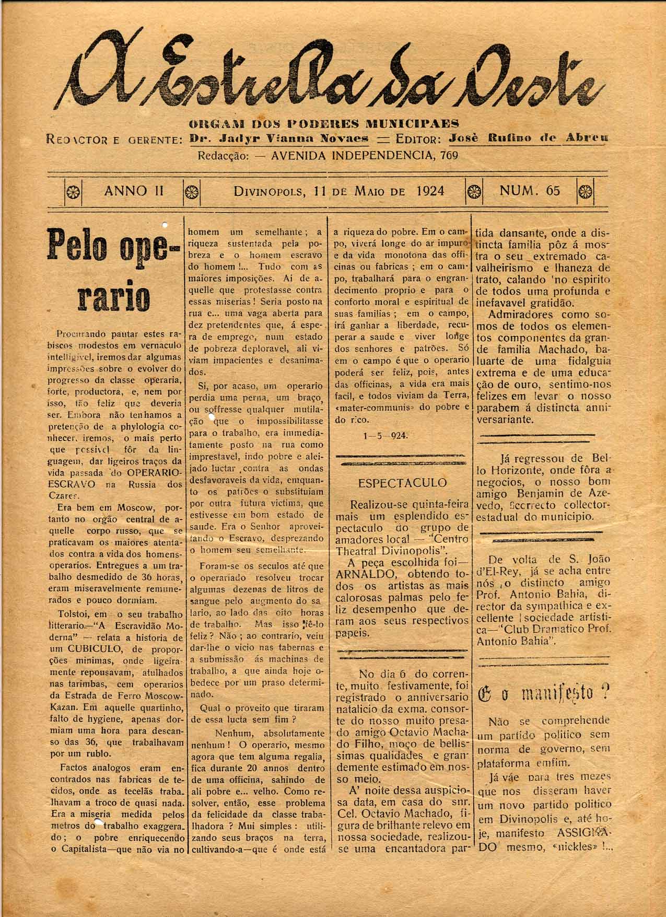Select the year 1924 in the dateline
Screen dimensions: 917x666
pos(431,191)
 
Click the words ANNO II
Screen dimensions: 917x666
pos(134,191)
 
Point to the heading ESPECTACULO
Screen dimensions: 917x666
pos(402,483)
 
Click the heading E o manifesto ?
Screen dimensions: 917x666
pos(544,693)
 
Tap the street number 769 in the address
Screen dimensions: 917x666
pos(449,155)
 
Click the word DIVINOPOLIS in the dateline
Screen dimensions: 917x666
pos(269,191)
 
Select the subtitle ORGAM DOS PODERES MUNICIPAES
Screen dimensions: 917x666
pos(324,124)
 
